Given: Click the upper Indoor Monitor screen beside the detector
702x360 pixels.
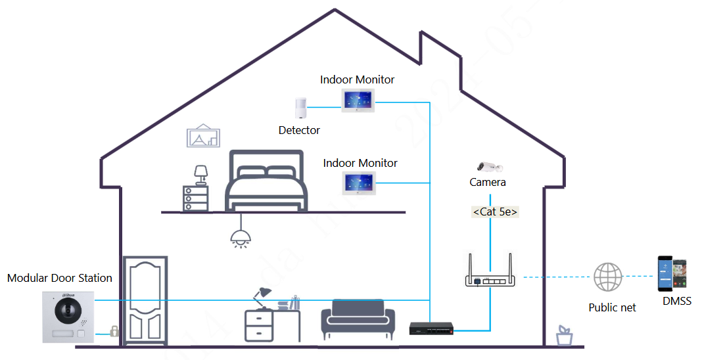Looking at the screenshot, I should click(x=358, y=101).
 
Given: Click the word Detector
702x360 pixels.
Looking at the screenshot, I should click(x=299, y=130).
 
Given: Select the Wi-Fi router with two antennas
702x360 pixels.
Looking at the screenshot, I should click(x=490, y=276).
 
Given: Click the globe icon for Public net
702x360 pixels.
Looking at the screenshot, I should click(x=608, y=277).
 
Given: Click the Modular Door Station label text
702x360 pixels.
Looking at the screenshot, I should click(x=60, y=278).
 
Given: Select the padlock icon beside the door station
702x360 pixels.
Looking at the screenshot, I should click(x=114, y=330).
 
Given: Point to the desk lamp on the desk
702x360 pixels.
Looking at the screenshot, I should click(x=263, y=297).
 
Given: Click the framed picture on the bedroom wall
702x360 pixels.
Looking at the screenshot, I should click(x=204, y=136).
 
